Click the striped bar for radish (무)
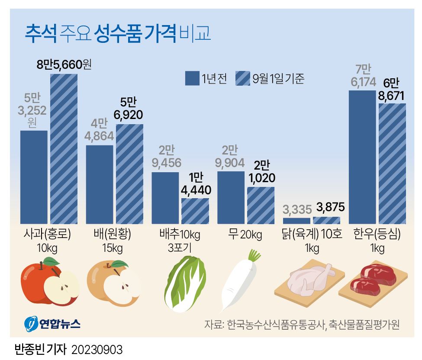261,206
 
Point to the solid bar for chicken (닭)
296,221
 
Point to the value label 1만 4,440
195,184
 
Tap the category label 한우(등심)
377,235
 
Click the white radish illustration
239,281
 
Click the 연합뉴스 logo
52,323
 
